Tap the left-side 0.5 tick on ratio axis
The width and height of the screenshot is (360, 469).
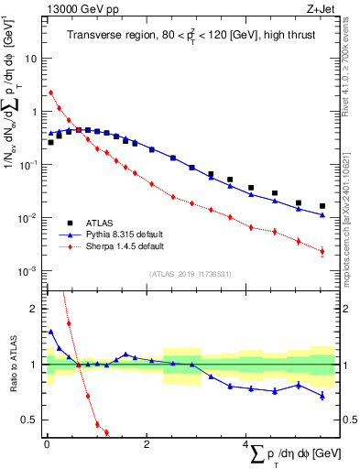point(31,420)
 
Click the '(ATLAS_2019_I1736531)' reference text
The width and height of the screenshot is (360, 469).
point(189,274)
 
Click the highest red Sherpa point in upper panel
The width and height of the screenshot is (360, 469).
point(51,92)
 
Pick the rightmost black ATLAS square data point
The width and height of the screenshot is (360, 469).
point(322,206)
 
